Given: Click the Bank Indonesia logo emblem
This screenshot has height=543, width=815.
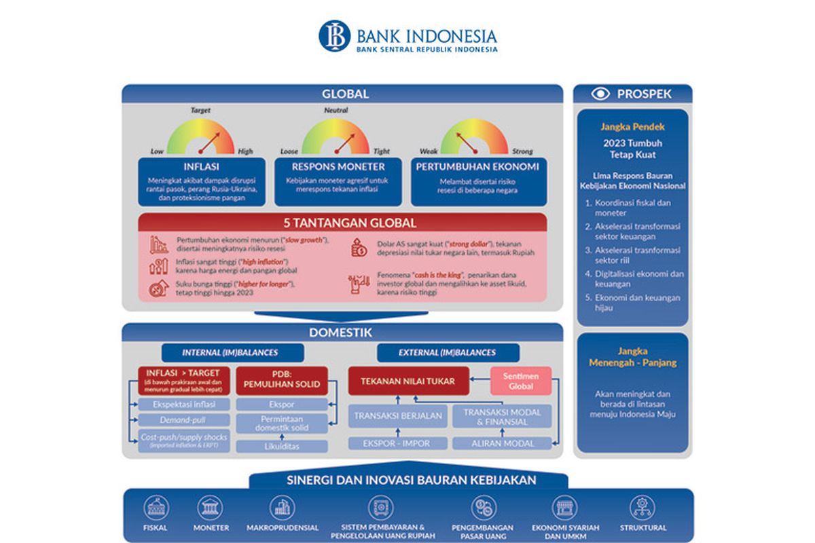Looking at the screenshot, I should point(334,36).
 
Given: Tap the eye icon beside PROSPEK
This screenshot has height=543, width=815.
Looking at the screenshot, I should point(600,94).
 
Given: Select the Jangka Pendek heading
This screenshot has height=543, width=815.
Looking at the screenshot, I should point(632,127).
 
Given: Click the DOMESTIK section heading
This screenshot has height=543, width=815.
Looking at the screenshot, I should point(342,333).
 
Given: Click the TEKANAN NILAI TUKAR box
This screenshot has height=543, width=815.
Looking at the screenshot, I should point(408,381).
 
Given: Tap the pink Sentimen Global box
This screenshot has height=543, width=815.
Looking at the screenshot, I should point(521,381).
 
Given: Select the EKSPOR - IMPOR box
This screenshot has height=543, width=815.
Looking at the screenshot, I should point(398,443).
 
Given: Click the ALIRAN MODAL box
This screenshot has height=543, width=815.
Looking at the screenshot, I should point(502,443).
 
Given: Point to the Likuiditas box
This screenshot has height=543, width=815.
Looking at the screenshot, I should point(281,447).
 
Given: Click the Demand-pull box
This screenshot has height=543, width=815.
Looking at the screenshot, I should point(182,420).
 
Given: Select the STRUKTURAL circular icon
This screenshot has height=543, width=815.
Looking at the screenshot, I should point(642,508).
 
